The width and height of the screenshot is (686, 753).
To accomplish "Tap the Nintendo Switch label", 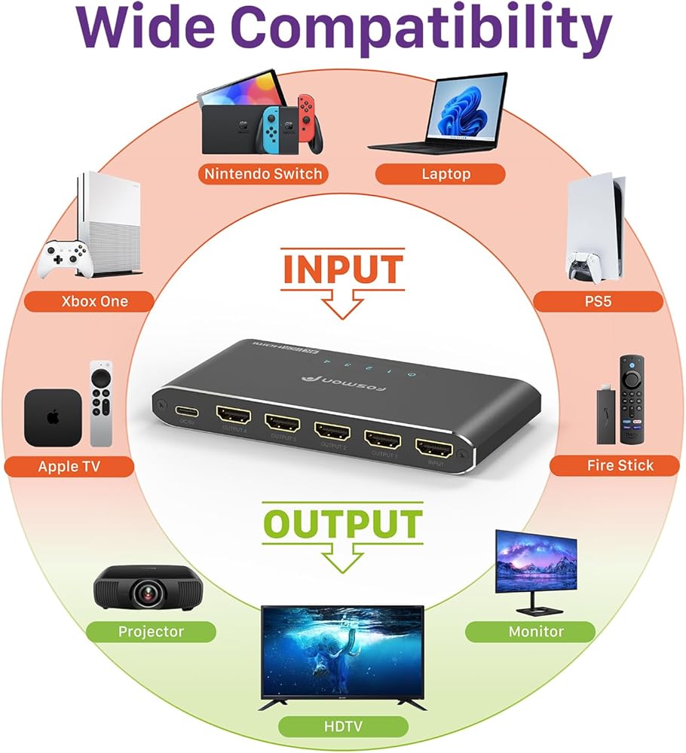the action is [x=263, y=174].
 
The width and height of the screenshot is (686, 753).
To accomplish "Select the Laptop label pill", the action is [x=439, y=174].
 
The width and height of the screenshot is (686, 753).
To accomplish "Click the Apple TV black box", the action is [x=52, y=418].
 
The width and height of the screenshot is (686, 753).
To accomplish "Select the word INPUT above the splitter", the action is [x=342, y=270].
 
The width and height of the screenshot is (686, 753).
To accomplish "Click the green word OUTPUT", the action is [x=342, y=524].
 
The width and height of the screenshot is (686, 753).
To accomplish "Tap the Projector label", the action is [x=151, y=631].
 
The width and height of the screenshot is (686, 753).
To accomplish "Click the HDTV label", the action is [x=342, y=726].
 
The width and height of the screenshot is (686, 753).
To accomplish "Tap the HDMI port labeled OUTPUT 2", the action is [x=332, y=433].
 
